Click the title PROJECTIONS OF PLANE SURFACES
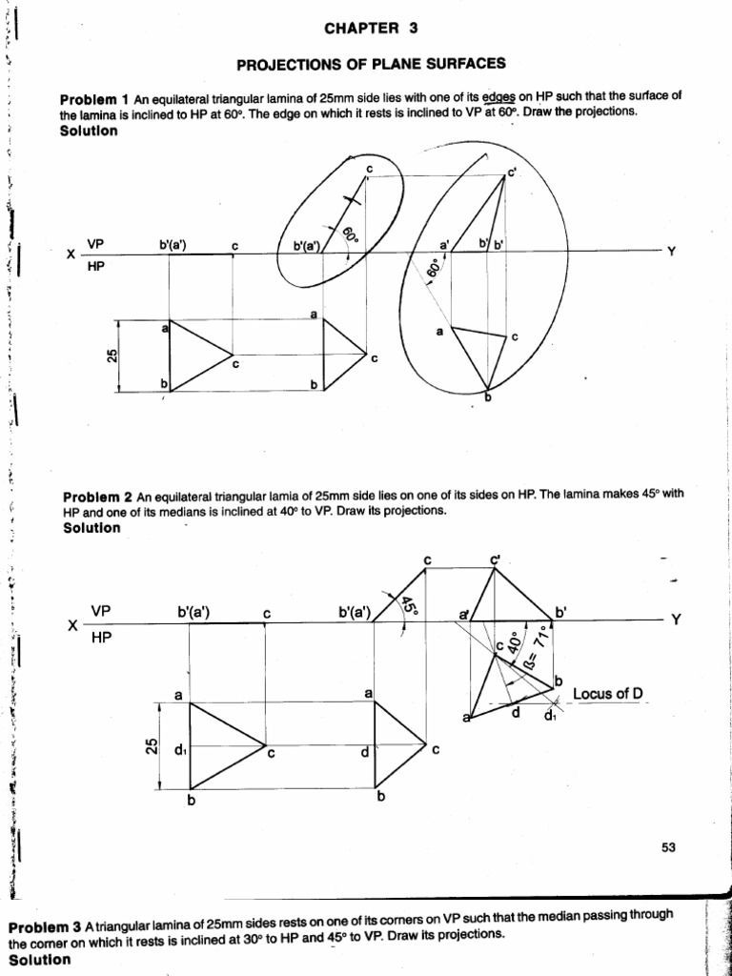371,64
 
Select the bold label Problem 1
94,99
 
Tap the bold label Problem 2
97,497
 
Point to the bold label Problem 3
44,927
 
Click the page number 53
667,847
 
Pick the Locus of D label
607,693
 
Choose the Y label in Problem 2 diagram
676,620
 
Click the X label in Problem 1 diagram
71,255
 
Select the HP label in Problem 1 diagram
96,268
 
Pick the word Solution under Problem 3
38,959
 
